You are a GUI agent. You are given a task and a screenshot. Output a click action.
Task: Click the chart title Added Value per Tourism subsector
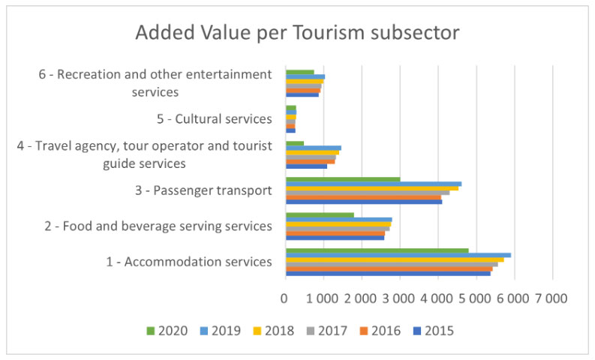click(x=297, y=34)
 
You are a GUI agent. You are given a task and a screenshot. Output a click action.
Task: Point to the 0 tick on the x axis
click(x=285, y=298)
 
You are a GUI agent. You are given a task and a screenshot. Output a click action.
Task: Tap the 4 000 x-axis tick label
click(x=438, y=298)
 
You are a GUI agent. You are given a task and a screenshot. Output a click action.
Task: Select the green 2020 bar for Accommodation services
click(x=377, y=250)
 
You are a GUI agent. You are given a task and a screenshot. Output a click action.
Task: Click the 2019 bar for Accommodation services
click(x=398, y=255)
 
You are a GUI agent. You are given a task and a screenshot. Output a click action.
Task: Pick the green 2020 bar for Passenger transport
click(x=343, y=179)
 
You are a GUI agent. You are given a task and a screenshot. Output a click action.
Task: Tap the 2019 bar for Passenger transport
click(x=373, y=184)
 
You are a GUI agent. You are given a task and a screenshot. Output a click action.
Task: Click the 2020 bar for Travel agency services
click(x=295, y=143)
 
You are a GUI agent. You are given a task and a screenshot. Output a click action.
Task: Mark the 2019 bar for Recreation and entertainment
click(x=305, y=76)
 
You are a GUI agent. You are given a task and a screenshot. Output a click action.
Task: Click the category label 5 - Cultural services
click(x=213, y=119)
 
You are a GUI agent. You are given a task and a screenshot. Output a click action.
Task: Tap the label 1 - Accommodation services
click(x=188, y=262)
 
